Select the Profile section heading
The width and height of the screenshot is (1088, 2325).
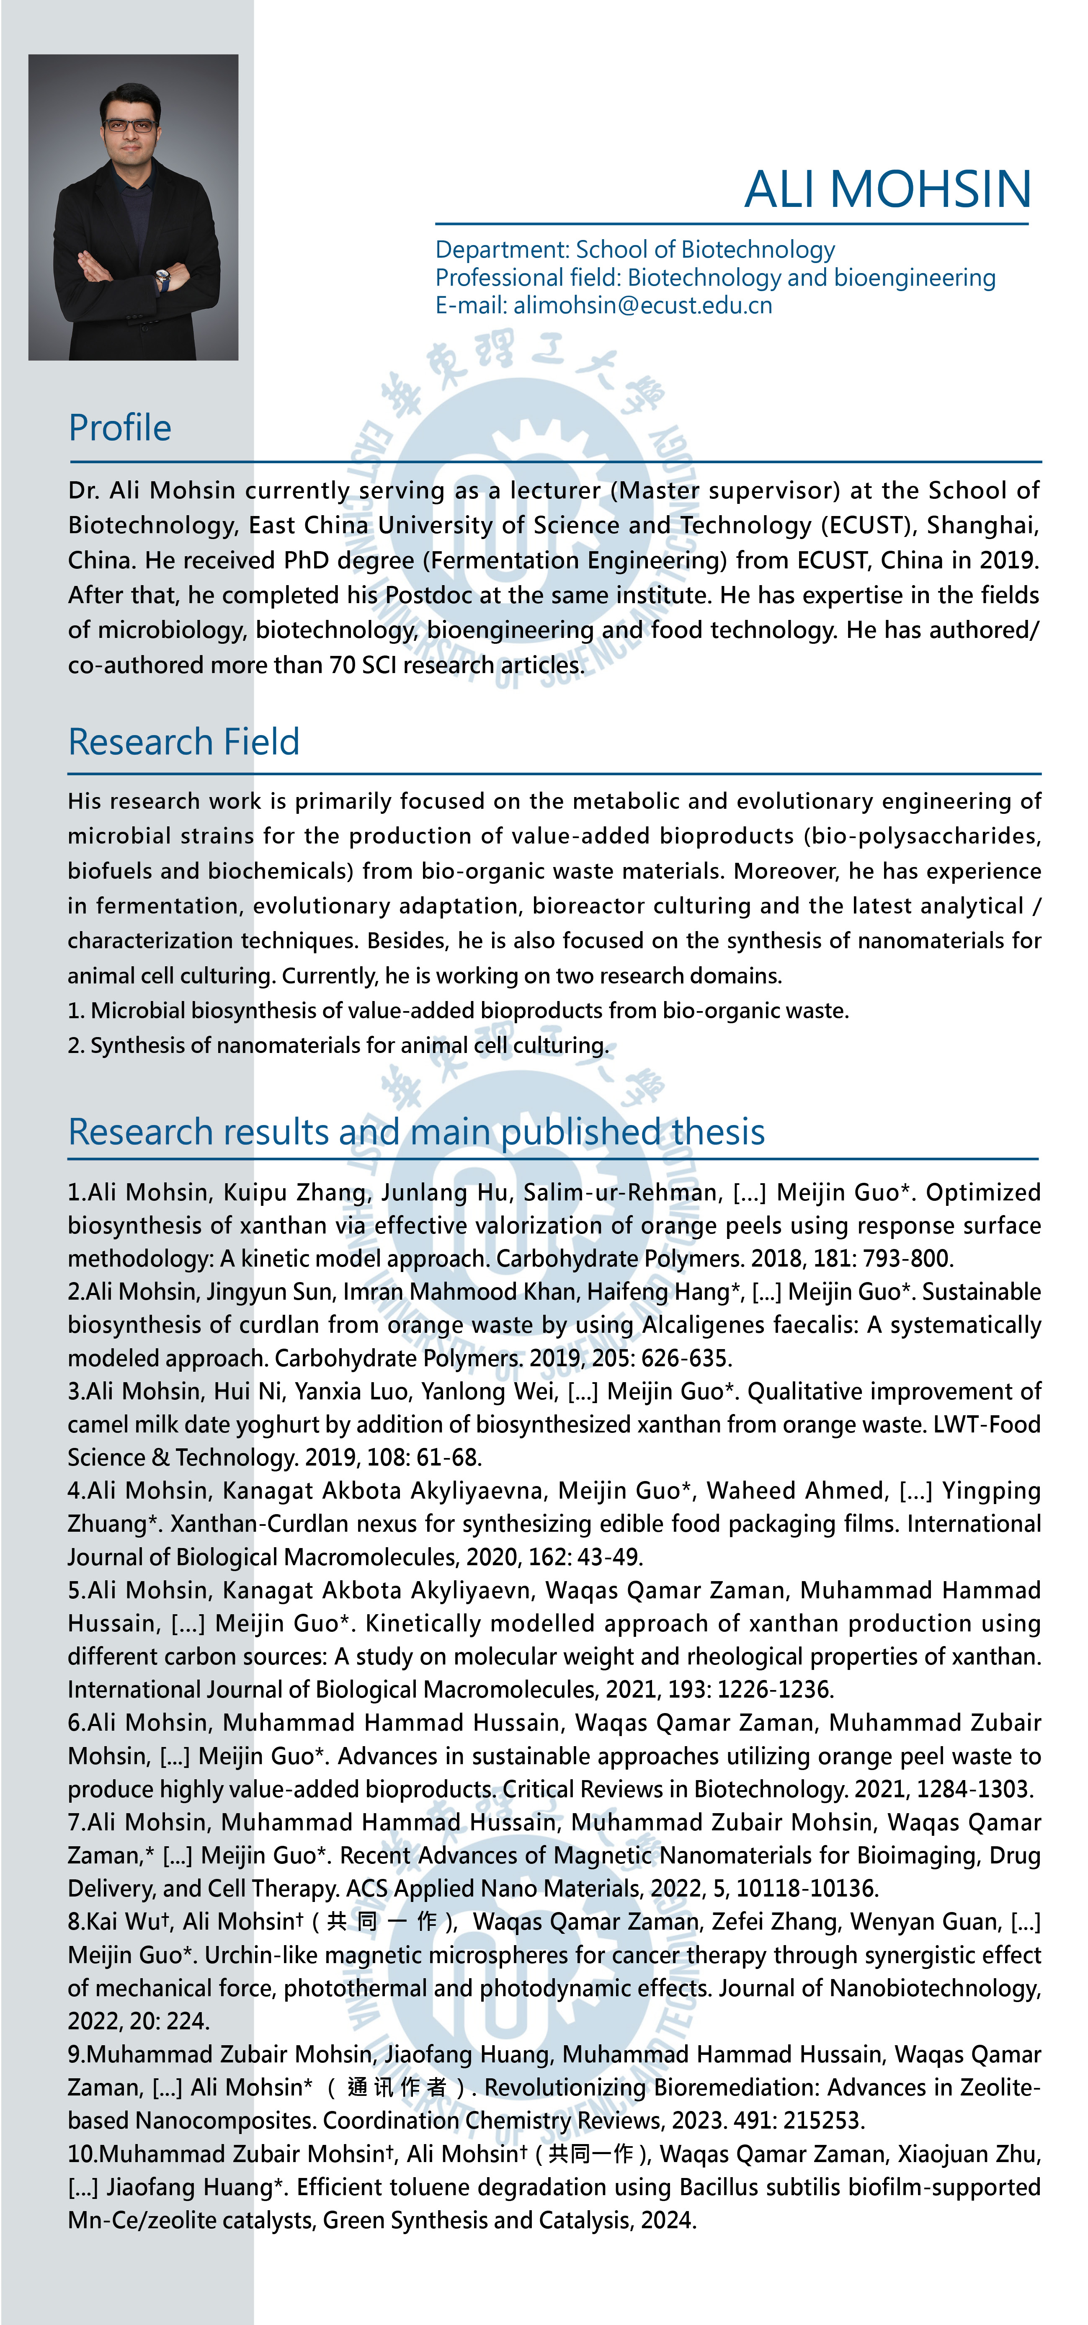point(120,428)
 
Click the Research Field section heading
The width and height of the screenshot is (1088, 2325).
point(184,742)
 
